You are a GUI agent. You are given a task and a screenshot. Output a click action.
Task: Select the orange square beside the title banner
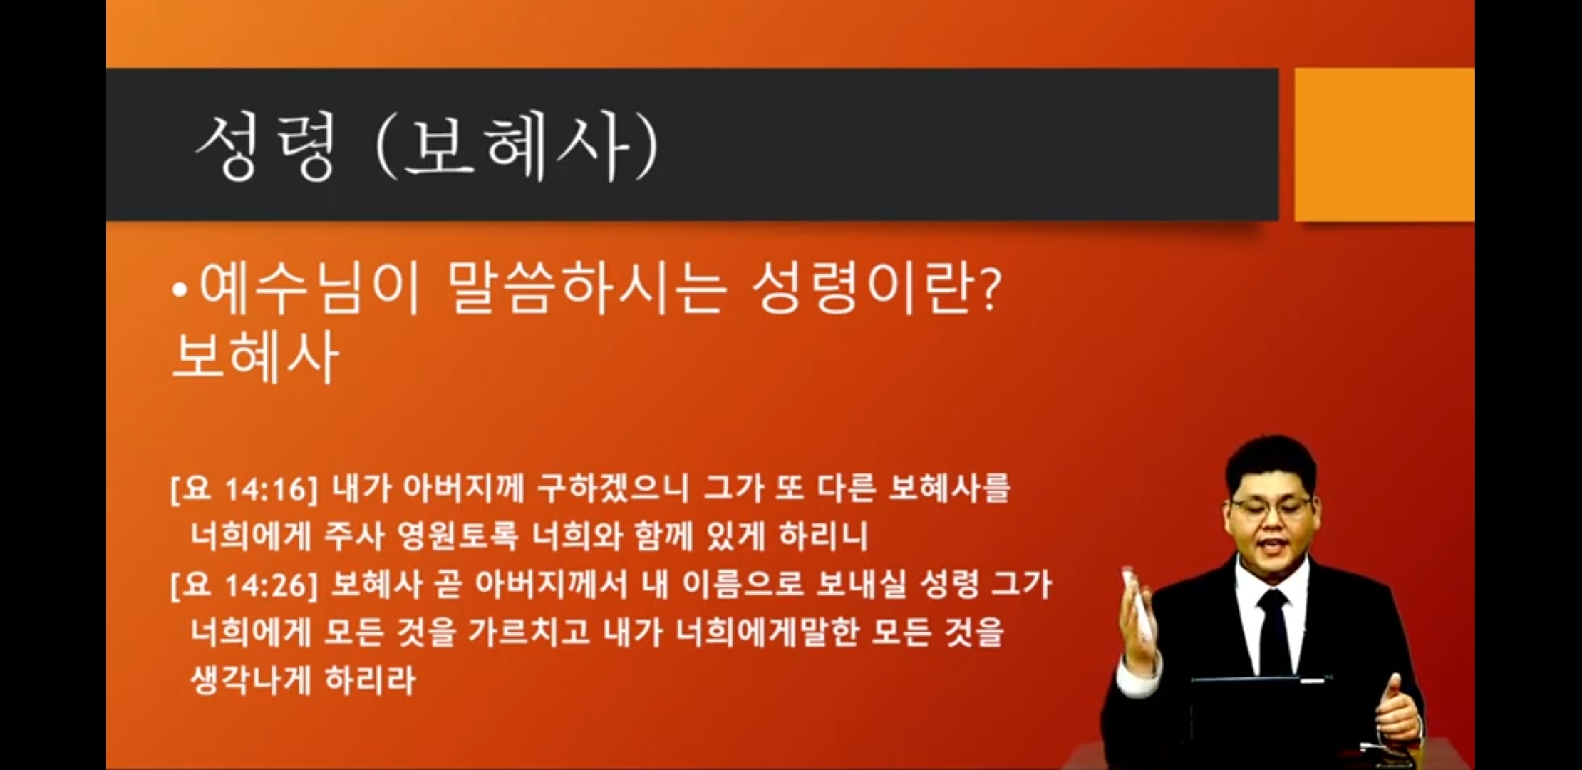(x=1384, y=145)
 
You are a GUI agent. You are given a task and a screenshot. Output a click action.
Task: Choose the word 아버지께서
(x=552, y=585)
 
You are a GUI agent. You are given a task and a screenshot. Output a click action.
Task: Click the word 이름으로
(x=743, y=585)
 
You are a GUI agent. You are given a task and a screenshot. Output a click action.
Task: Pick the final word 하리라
(x=370, y=680)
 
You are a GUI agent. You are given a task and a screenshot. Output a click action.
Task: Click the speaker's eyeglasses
(x=1272, y=508)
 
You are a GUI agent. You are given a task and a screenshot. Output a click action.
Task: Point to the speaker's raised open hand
(x=1141, y=620)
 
